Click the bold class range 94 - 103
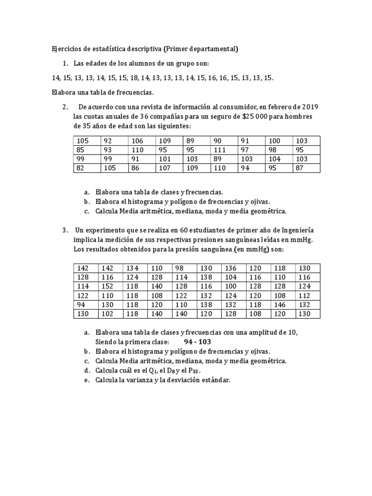pyautogui.click(x=197, y=342)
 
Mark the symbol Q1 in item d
pyautogui.click(x=150, y=371)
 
